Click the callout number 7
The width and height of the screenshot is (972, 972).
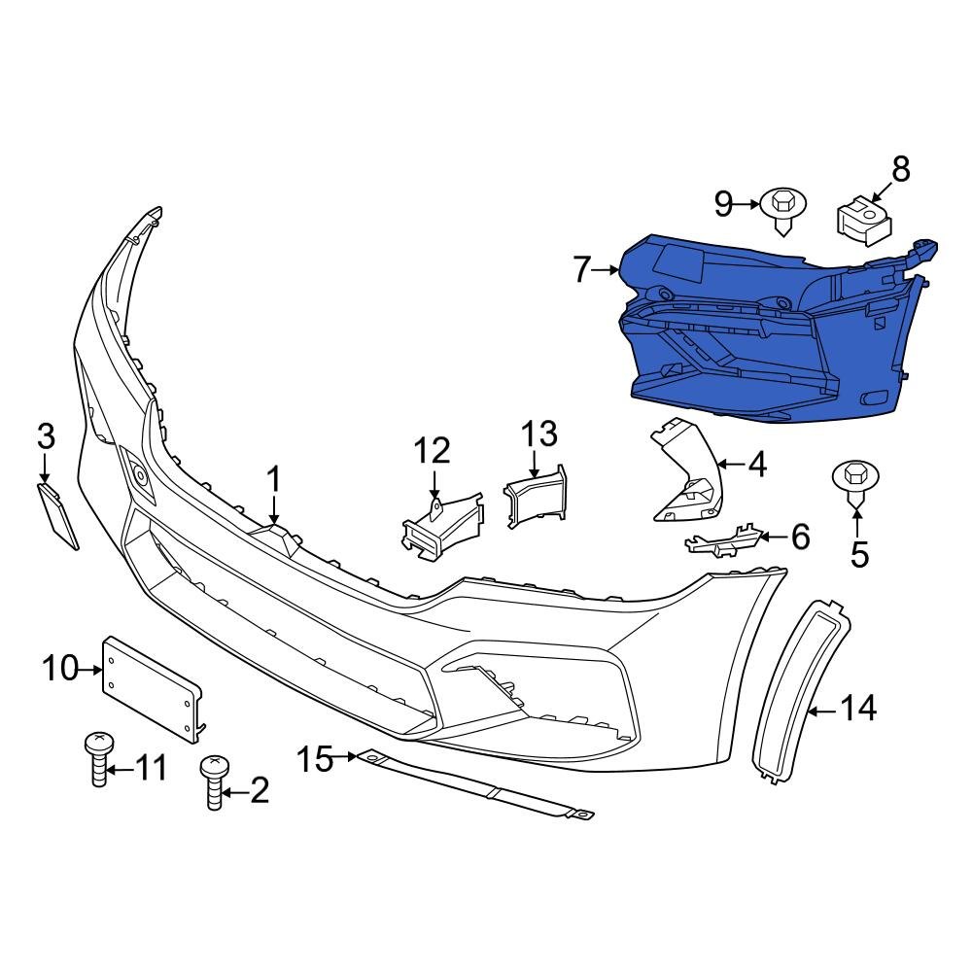click(581, 269)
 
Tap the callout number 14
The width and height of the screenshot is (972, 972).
click(858, 709)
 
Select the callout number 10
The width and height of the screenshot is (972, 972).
click(60, 669)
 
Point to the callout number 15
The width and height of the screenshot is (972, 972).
click(314, 758)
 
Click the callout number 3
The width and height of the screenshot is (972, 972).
click(46, 436)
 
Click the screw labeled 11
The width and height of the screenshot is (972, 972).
click(97, 760)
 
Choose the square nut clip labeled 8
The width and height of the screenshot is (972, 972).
click(864, 220)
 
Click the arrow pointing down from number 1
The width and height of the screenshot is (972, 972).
click(274, 510)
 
